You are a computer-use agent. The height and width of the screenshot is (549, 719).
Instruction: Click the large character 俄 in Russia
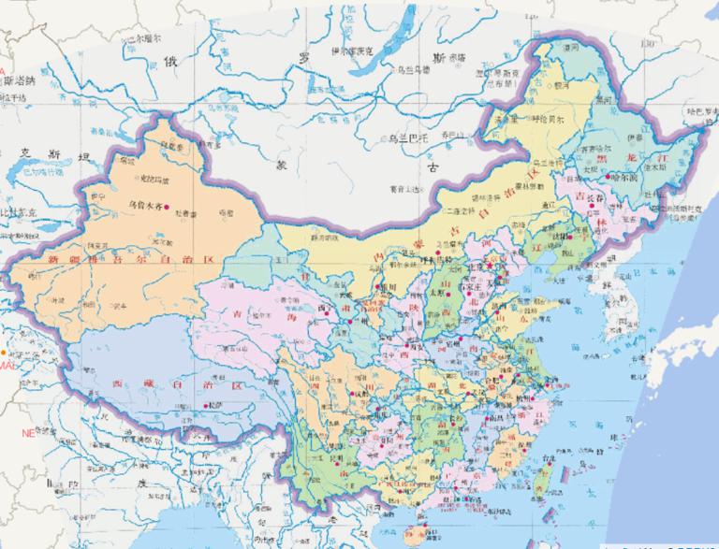[169, 62]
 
